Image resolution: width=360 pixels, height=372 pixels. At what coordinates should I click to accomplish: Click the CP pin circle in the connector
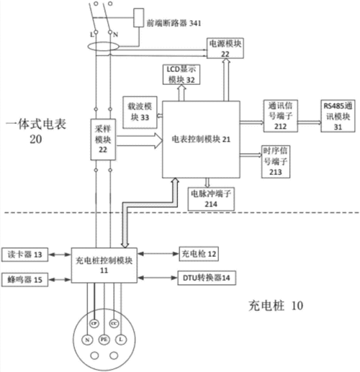point(93,322)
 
